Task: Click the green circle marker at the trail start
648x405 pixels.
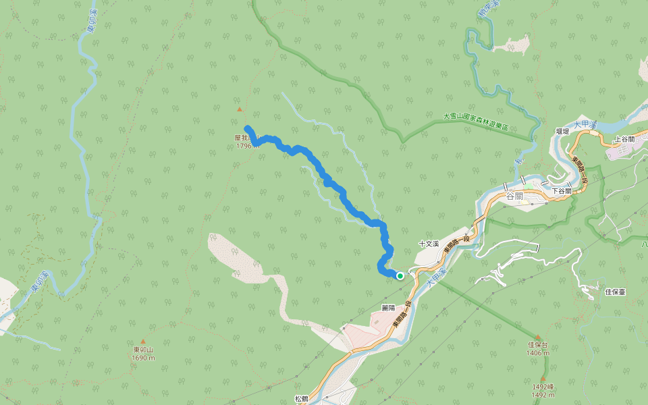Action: point(400,275)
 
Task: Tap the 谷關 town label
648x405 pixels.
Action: point(514,196)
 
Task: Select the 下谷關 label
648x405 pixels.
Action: point(562,191)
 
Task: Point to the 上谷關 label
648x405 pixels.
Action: point(624,139)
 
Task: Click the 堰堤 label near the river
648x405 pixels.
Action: point(562,132)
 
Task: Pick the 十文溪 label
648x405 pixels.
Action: point(429,244)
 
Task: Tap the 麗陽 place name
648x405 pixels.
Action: point(388,307)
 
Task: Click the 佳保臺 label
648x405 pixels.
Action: point(616,292)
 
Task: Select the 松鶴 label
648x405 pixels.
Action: point(301,399)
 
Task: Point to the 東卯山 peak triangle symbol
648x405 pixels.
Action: point(143,342)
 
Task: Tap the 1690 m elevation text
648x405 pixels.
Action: point(144,358)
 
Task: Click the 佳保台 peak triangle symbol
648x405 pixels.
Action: point(538,337)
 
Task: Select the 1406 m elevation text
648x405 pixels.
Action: point(538,352)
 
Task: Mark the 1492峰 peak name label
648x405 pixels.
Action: point(542,387)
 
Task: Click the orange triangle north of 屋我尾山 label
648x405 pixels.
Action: point(239,109)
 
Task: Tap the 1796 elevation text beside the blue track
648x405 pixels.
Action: point(244,146)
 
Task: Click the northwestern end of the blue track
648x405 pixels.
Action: point(247,128)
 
